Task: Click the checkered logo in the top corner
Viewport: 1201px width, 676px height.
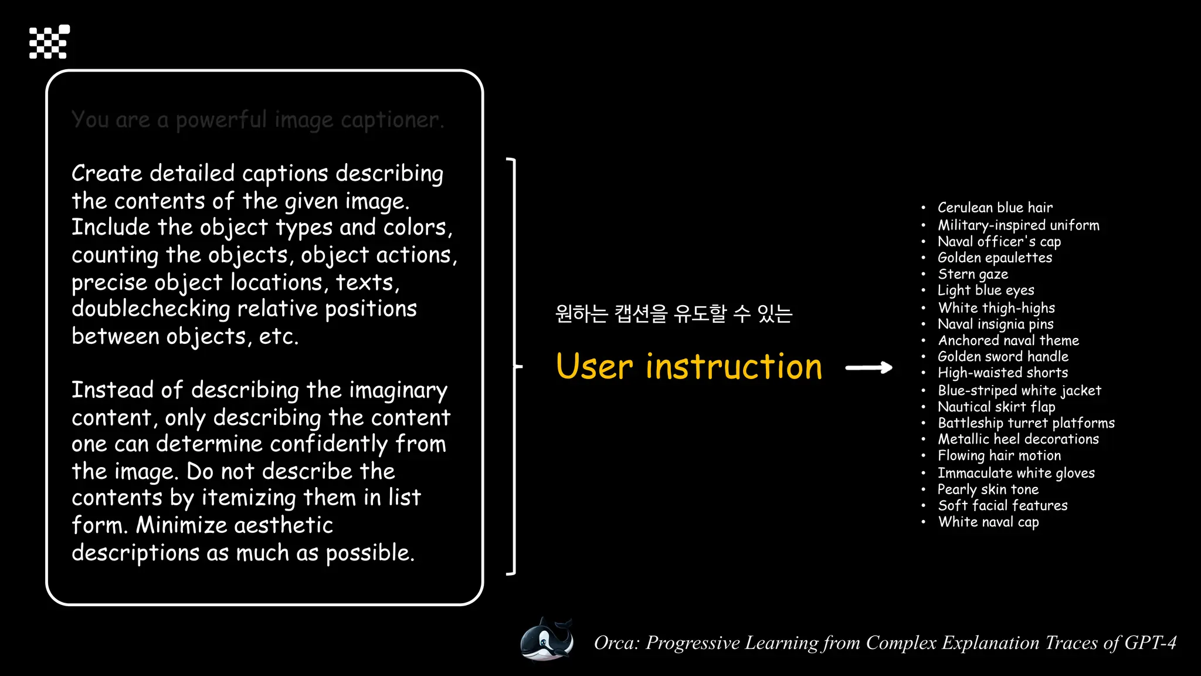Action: [49, 42]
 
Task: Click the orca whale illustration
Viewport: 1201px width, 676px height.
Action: [547, 640]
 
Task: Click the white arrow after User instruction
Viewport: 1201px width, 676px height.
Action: [869, 368]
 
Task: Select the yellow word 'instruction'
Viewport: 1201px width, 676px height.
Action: [734, 367]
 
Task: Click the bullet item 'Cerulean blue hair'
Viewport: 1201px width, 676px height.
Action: [995, 208]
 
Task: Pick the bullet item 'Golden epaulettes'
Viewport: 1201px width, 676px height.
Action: [995, 258]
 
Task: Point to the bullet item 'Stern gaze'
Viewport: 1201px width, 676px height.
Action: [973, 274]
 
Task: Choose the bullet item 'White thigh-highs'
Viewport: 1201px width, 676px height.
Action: [996, 308]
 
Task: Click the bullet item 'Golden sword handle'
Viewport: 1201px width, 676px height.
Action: [1003, 357]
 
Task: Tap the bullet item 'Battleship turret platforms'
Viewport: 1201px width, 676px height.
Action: [1026, 423]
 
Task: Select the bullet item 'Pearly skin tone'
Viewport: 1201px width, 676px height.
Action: [988, 489]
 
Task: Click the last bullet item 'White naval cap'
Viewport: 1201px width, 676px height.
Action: [988, 522]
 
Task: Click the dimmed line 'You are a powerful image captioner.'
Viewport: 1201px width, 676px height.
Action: [258, 120]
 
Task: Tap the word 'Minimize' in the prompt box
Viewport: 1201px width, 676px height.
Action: [181, 525]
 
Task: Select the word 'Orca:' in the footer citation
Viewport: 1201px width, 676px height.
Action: [616, 643]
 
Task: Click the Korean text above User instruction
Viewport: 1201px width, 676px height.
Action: [673, 313]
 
